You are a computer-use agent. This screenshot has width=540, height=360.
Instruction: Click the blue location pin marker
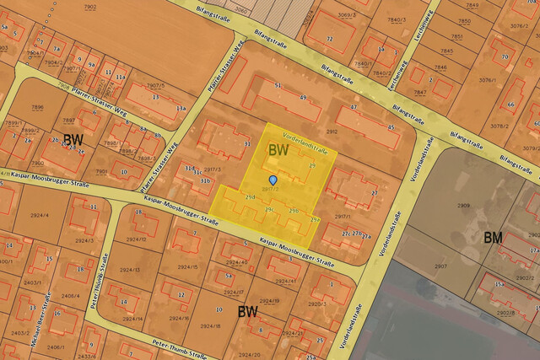(272, 180)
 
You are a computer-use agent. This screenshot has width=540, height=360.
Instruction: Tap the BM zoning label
(494, 239)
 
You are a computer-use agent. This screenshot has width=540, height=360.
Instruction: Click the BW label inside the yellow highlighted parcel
(277, 149)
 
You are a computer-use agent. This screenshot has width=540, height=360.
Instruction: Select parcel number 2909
(464, 205)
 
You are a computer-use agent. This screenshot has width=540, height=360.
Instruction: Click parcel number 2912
(332, 132)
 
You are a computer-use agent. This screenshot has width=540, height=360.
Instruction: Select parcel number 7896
(37, 107)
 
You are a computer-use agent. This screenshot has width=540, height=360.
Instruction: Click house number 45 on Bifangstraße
(390, 127)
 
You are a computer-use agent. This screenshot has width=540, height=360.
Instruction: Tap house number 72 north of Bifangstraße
(329, 39)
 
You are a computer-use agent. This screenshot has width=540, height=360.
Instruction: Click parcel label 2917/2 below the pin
(272, 189)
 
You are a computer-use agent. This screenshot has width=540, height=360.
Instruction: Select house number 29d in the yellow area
(249, 197)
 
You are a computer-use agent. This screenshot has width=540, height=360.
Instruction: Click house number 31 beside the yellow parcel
(247, 144)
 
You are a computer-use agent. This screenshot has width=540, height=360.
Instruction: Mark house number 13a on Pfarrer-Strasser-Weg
(181, 109)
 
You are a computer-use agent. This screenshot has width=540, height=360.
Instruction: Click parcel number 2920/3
(316, 304)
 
